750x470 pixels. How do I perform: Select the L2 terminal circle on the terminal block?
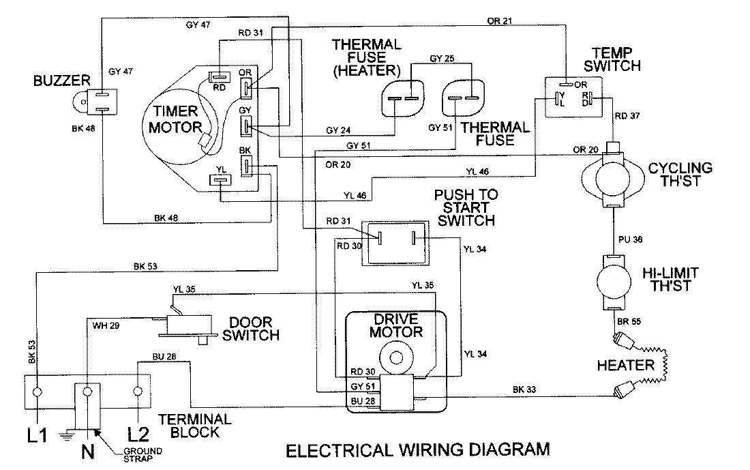139,392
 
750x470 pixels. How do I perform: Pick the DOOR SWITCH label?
254,328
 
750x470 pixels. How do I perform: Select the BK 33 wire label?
524,390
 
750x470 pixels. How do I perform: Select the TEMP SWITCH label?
616,60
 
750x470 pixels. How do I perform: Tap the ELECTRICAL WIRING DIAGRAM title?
417,450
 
